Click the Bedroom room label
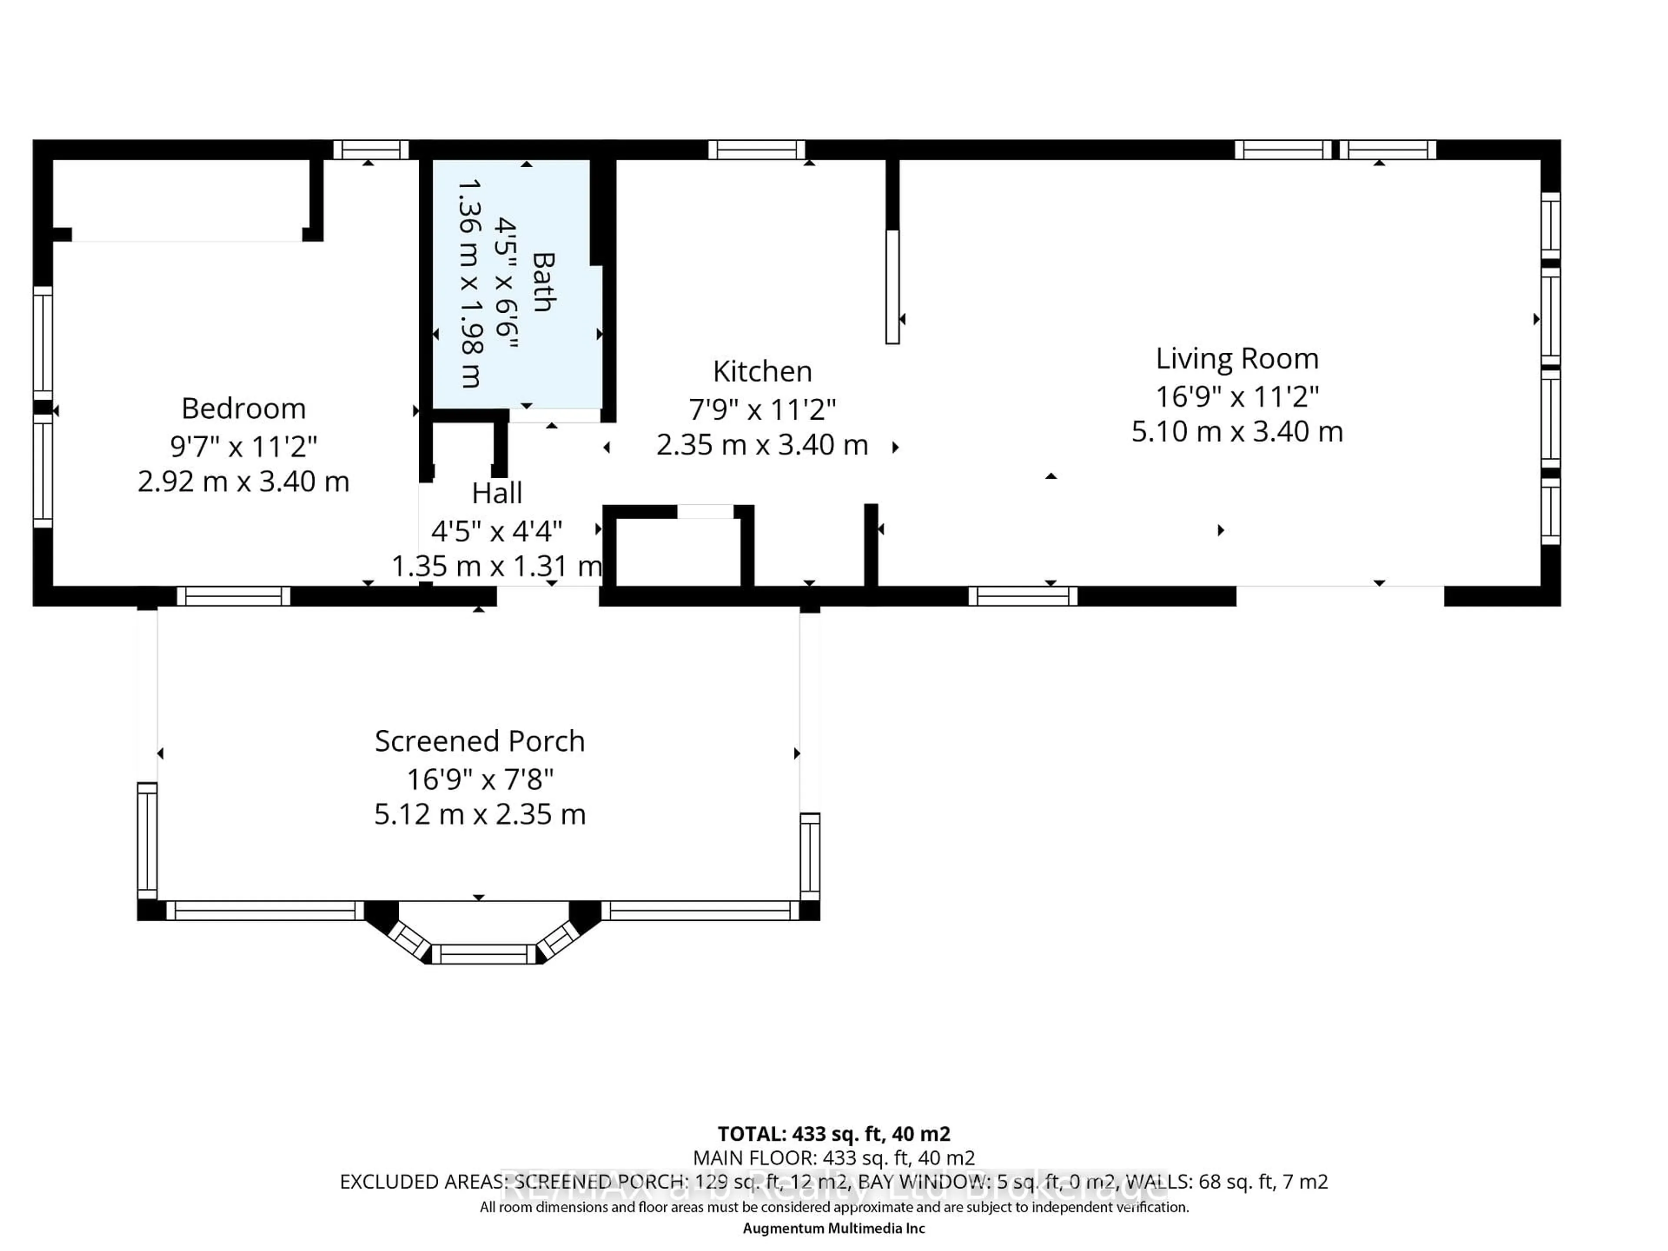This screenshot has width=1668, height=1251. coord(244,409)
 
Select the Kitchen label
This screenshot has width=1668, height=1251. coord(762,372)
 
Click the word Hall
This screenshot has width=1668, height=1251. coord(497,493)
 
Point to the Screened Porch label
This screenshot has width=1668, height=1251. coord(480,741)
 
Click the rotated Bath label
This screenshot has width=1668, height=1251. coord(543,282)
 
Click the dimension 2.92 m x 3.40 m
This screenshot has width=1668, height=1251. coord(244,481)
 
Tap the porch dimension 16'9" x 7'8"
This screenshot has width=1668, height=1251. coord(480,778)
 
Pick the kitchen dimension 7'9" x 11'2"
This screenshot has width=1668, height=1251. coord(762,410)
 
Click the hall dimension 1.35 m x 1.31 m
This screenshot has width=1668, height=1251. coord(497,566)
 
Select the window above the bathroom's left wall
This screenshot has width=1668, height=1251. coord(370,149)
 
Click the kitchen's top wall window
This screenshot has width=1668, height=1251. coord(756,149)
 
